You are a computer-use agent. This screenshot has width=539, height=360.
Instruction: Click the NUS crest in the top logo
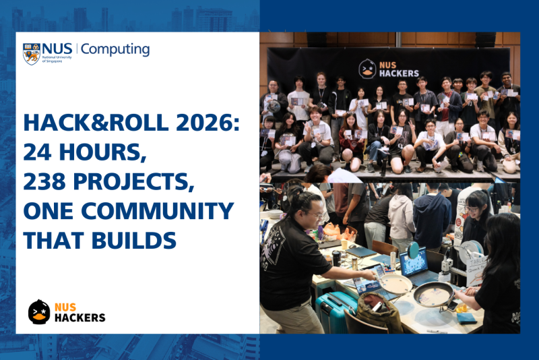click(31, 53)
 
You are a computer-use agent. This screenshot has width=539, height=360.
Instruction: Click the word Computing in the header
click(115, 49)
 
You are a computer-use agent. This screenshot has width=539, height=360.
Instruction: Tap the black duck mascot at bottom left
click(40, 312)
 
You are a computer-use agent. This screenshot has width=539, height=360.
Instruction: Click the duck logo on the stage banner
click(367, 69)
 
